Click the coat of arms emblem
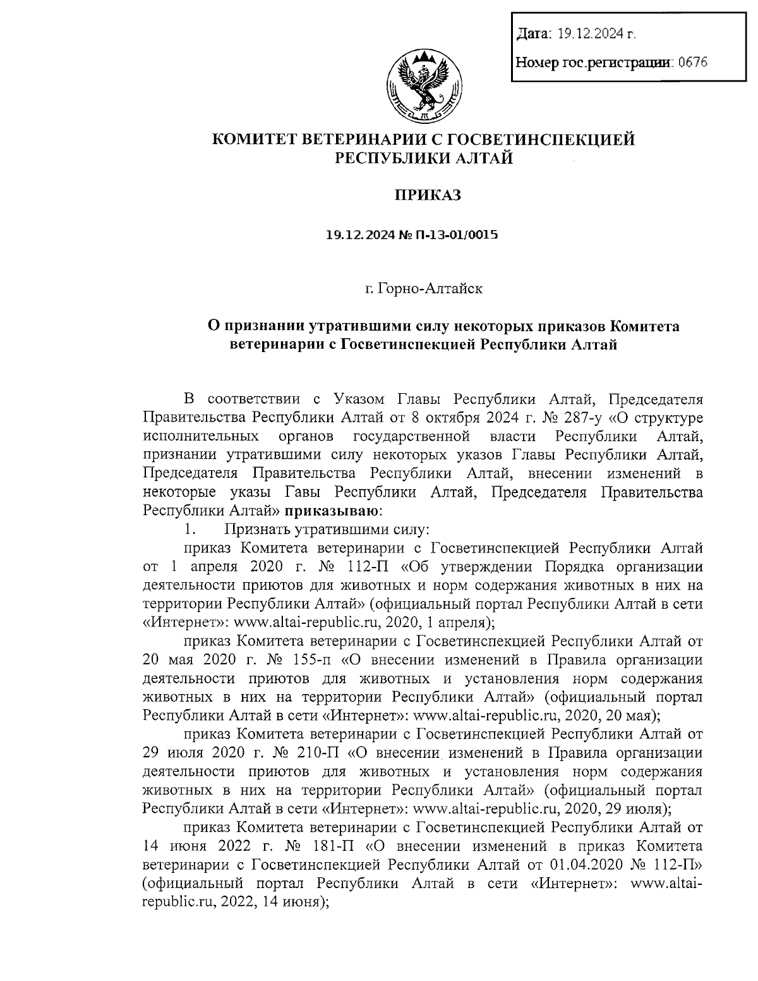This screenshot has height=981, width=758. [423, 86]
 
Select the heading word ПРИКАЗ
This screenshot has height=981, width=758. [428, 195]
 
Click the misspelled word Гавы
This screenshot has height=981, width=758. [307, 491]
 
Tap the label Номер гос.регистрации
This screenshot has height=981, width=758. [594, 63]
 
